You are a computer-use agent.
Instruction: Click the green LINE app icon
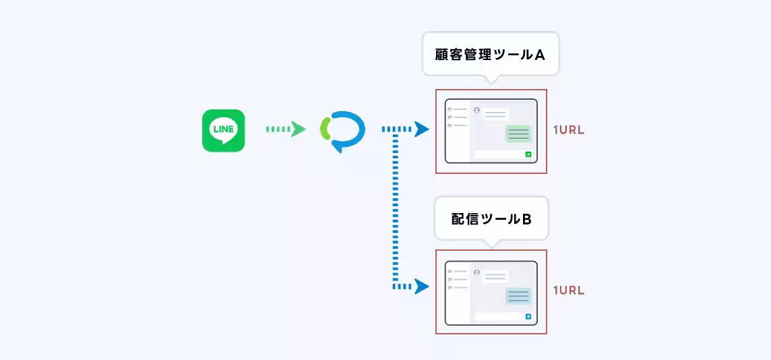(223, 131)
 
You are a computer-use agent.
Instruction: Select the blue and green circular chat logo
(342, 130)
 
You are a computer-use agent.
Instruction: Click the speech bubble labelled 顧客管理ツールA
(490, 54)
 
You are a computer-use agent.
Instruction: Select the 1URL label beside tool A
(568, 130)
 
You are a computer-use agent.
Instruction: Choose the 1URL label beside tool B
(568, 291)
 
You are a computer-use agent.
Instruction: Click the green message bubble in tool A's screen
(518, 134)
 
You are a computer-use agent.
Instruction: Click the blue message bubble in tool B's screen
(518, 296)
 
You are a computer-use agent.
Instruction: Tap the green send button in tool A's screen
(528, 154)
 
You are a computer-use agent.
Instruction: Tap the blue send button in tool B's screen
(528, 316)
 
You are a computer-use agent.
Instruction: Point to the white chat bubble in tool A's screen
(495, 115)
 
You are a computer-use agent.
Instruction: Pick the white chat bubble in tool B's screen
(495, 276)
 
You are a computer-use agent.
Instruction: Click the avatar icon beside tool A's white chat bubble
(476, 110)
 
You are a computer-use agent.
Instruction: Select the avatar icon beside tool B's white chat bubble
(476, 272)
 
